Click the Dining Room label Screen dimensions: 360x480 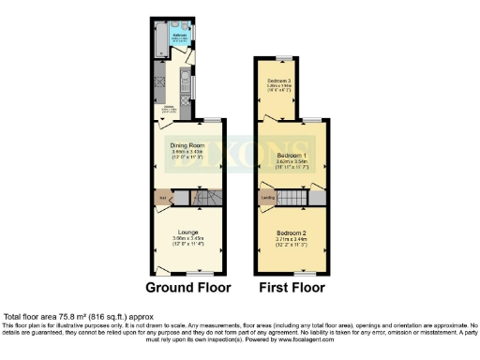point(188,145)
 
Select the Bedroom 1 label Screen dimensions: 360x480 point(292,153)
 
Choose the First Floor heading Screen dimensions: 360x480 point(291,287)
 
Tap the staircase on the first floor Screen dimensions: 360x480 point(294,197)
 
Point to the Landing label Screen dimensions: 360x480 point(267,198)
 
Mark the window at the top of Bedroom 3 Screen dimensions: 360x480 point(278,58)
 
